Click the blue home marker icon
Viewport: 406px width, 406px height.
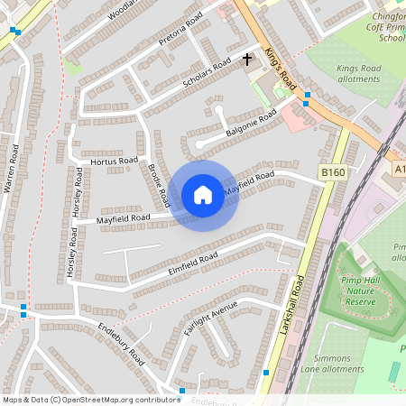click(x=203, y=195)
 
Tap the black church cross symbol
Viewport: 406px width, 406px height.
click(x=247, y=60)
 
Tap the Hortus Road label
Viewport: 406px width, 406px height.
click(x=114, y=161)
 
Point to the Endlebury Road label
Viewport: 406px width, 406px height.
click(x=121, y=344)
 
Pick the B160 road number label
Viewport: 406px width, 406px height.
click(x=332, y=171)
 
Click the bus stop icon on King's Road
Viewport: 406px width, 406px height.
click(x=308, y=95)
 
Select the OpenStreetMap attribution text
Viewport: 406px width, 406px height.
click(x=90, y=400)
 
